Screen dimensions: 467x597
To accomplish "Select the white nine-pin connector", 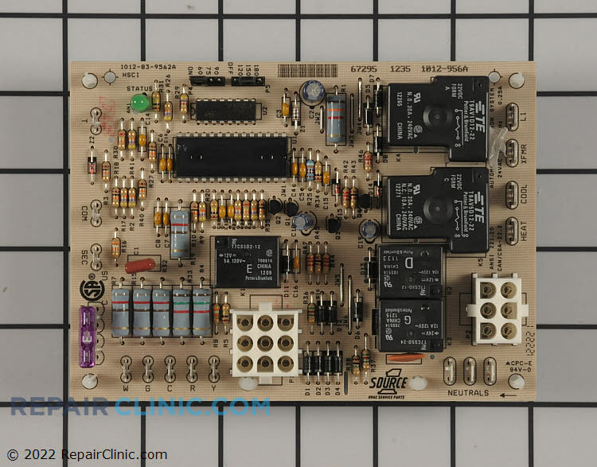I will coord(265,341).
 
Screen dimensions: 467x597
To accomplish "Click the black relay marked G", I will coord(410,324).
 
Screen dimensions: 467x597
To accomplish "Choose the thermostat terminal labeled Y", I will coord(213,368).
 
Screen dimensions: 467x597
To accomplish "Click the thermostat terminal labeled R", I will coord(192,368).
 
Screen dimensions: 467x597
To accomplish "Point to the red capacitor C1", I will coord(145,262).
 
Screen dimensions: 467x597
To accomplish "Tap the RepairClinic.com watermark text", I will coord(140,407).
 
